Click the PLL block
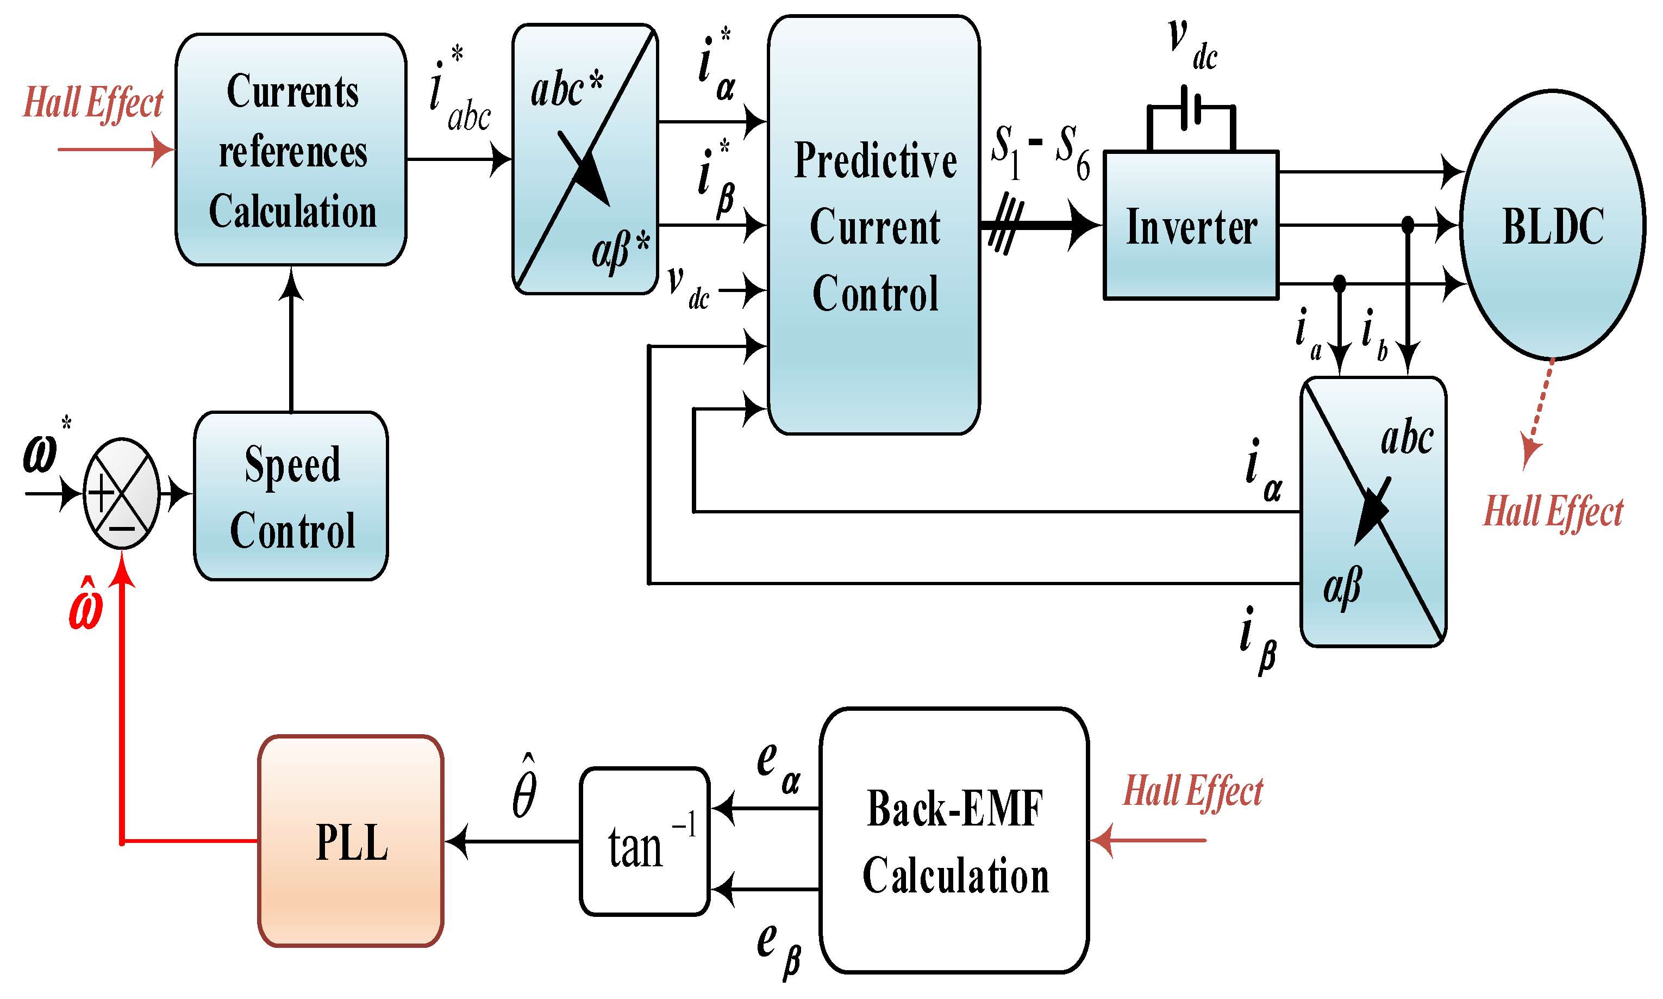pos(351,841)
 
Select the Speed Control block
pos(291,496)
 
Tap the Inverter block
pos(1191,225)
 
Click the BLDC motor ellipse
pos(1553,224)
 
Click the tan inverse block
pos(645,841)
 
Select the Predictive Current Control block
pos(874,225)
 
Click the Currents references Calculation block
pos(291,150)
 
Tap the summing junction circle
pos(122,493)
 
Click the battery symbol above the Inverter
pos(1191,110)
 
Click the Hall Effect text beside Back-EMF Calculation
pos(1193,790)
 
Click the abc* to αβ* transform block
pos(585,159)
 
